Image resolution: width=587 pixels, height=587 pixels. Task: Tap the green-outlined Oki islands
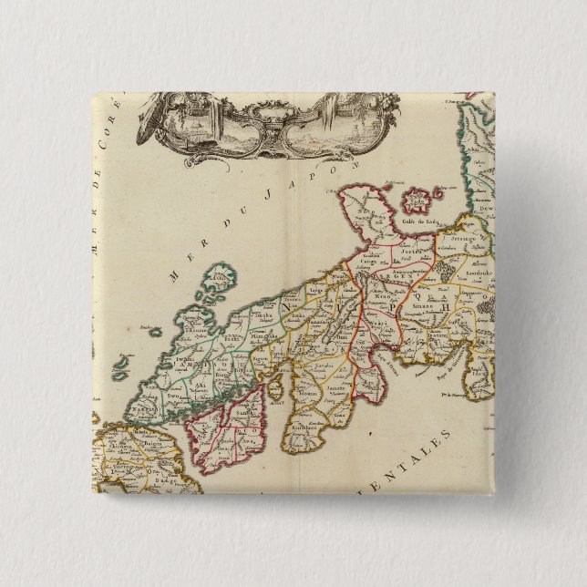(218, 285)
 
